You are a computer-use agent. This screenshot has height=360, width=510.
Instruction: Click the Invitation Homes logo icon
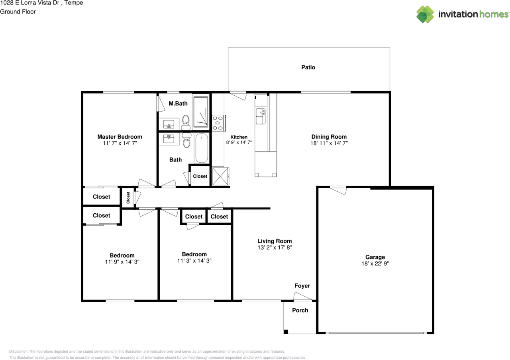(x=425, y=14)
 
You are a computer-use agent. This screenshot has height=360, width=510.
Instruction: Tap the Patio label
(x=308, y=67)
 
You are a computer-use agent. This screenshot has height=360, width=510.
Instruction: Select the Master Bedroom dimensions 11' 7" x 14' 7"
(x=120, y=143)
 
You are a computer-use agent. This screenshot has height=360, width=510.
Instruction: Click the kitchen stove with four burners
(x=218, y=123)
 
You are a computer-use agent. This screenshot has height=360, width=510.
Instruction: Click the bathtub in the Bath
(x=202, y=148)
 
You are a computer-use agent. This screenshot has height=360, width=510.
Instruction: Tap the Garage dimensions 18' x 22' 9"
(x=375, y=264)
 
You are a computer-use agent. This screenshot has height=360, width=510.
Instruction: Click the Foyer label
(x=302, y=286)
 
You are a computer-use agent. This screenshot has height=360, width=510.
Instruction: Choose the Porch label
(x=300, y=310)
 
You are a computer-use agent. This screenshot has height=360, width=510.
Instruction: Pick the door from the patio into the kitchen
(x=238, y=96)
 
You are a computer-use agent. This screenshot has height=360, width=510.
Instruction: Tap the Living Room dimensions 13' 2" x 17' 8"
(x=275, y=248)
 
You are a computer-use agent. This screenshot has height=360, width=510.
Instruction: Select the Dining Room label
(x=329, y=137)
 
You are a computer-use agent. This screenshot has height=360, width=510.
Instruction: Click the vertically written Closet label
(x=128, y=197)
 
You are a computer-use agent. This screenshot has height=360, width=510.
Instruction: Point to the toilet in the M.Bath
(x=186, y=121)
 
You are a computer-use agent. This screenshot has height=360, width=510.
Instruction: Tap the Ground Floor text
(x=18, y=12)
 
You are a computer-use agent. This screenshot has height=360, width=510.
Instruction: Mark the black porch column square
(x=286, y=331)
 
